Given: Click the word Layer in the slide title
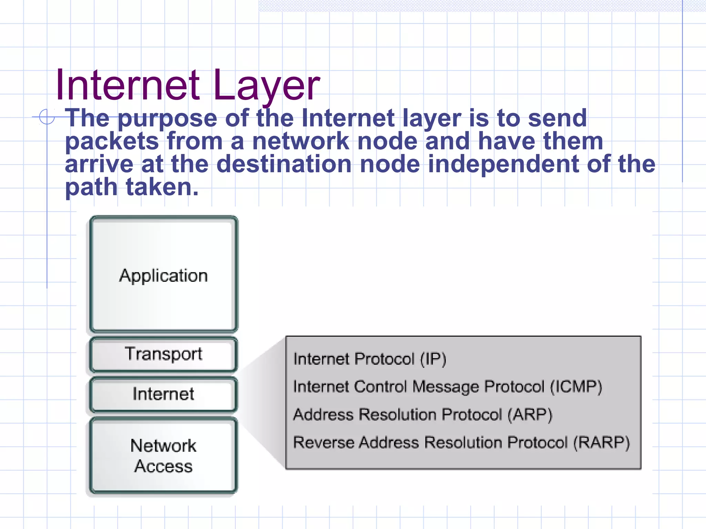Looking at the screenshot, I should (267, 85).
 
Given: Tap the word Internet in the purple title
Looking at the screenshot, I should (128, 85).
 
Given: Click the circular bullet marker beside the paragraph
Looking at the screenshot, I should (47, 116).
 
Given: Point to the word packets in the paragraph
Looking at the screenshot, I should (112, 142).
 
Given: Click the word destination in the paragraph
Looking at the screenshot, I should (284, 164).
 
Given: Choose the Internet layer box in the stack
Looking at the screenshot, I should (164, 394).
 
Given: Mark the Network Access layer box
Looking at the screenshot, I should (164, 455).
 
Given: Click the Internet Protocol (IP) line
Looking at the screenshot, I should (370, 359).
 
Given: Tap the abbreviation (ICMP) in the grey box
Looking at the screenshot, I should (576, 387).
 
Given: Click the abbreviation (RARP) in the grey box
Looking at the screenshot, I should (601, 443).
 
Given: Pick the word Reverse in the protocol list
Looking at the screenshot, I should (323, 443).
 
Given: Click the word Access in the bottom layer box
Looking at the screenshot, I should (163, 466).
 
